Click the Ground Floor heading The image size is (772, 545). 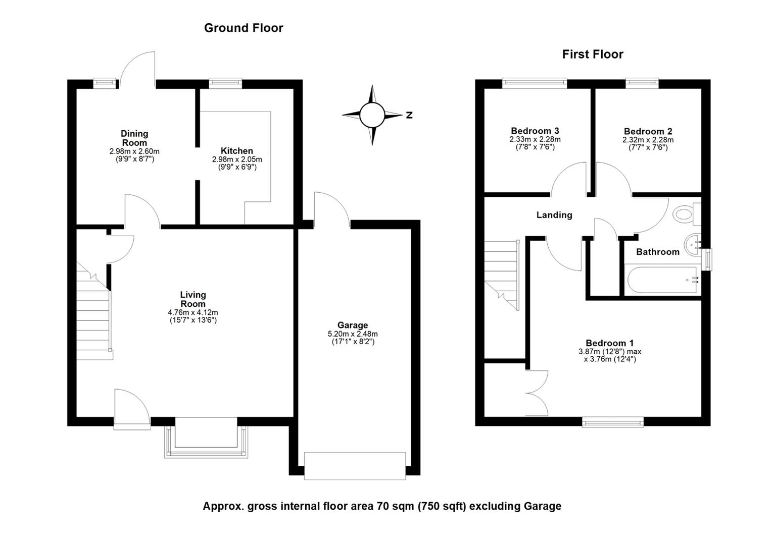(244, 28)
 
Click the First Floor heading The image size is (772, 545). (593, 54)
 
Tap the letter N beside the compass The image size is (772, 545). (409, 116)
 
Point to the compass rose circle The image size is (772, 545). (373, 115)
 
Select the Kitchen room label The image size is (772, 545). (236, 151)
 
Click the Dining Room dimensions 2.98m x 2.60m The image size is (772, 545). (134, 151)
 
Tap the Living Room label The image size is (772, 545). (193, 299)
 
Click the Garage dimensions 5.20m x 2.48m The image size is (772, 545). (353, 334)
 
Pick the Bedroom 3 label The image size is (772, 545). (535, 131)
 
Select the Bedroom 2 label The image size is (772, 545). (648, 131)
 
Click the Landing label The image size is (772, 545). (554, 215)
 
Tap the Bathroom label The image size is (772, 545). (657, 252)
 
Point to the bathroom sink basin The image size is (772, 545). (692, 245)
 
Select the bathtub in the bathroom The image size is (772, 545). (662, 280)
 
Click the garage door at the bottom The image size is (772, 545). (355, 465)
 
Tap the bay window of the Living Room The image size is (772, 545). (206, 439)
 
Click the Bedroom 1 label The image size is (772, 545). (609, 343)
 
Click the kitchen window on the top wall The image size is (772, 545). (226, 83)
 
